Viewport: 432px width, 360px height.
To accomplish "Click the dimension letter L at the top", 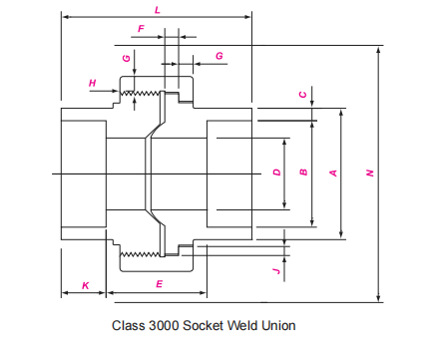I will (x=158, y=9).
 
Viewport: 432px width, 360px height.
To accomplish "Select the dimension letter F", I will (x=141, y=29).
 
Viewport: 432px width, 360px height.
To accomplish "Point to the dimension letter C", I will (x=303, y=94).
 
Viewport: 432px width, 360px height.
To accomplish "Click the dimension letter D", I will (x=276, y=173).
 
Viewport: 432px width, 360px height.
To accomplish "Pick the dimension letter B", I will (x=303, y=173).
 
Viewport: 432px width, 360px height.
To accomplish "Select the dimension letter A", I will (x=333, y=173).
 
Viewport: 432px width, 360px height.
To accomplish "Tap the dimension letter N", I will (x=369, y=173).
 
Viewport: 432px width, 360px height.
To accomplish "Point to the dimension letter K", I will (x=85, y=285).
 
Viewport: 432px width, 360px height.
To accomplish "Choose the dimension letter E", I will (x=159, y=285).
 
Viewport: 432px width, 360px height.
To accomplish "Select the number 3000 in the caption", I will (x=170, y=325).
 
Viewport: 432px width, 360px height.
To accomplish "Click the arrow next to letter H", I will (x=112, y=94).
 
